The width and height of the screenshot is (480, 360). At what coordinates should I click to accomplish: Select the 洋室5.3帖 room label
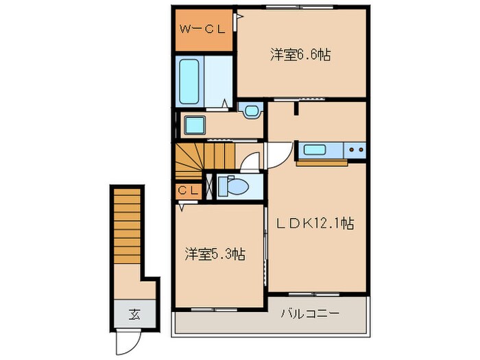(215, 254)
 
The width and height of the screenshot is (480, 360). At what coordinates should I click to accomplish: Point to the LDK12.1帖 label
(315, 223)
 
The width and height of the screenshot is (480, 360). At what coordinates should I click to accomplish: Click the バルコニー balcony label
(310, 314)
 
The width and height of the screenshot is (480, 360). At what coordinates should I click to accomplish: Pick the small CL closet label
(189, 191)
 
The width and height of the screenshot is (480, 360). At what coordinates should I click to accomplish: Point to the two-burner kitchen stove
(356, 149)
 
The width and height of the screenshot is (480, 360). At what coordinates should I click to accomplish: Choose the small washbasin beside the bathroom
(251, 110)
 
